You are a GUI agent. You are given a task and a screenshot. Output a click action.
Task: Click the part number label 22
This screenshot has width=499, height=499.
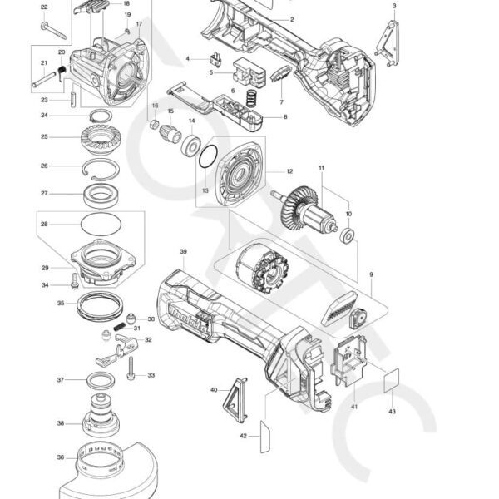[44, 7]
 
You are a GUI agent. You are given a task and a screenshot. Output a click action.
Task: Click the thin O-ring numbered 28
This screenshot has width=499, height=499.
[104, 224]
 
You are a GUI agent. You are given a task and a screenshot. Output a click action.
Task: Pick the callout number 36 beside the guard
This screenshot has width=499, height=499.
[61, 457]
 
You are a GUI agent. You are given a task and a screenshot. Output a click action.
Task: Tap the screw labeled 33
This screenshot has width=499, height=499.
[131, 363]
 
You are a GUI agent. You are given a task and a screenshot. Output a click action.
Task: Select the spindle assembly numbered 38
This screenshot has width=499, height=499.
[105, 420]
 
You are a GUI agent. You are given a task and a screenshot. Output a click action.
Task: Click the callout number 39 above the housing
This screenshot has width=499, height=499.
[183, 250]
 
